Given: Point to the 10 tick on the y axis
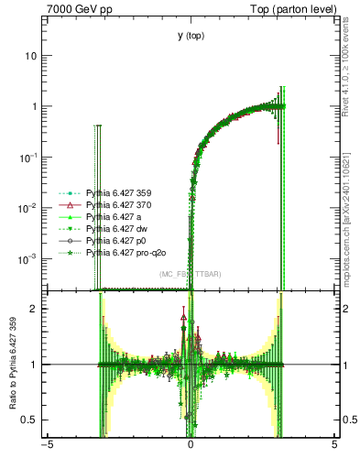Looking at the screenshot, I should point(30,56).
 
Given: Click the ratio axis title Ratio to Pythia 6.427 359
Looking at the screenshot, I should point(12,364).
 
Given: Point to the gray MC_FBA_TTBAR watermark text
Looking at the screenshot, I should point(190,275).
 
